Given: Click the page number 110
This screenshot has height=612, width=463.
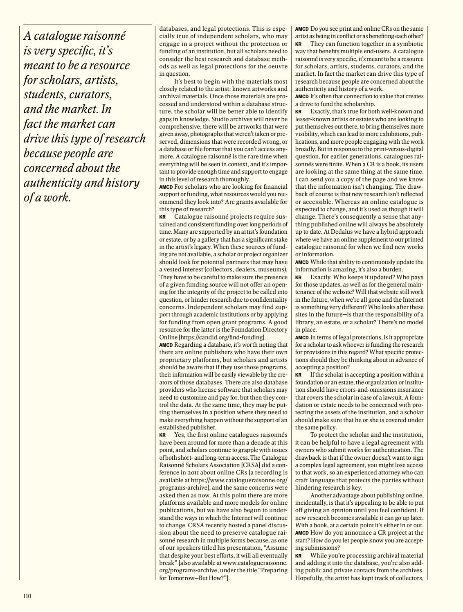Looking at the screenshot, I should pyautogui.click(x=27, y=596).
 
